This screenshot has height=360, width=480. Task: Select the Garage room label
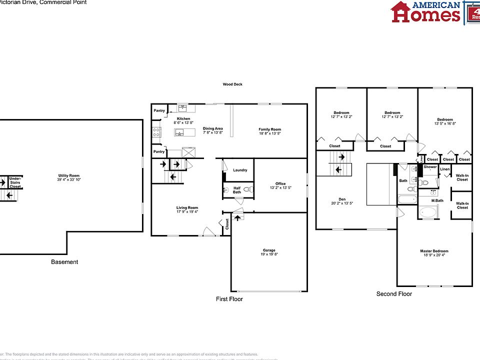tap(269, 250)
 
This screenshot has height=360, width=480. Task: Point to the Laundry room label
tap(240, 170)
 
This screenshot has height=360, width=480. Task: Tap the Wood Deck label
tap(232, 84)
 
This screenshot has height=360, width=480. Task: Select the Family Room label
tap(269, 129)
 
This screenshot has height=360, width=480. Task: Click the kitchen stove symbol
tap(156, 132)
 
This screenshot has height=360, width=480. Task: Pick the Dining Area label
tap(212, 129)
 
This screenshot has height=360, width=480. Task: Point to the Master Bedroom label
tap(434, 251)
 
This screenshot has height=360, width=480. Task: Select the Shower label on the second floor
tap(430, 167)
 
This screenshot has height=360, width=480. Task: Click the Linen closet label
tap(444, 169)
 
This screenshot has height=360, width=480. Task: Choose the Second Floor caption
tap(394, 294)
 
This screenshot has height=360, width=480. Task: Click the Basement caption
tap(64, 262)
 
